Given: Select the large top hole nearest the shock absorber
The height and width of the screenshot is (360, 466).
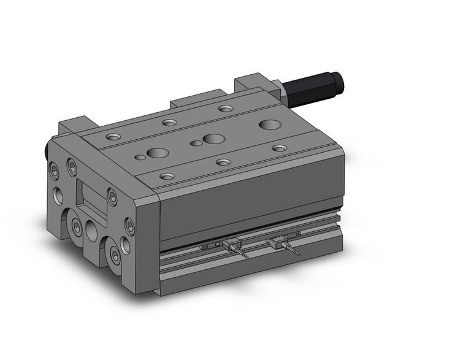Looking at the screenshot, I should pyautogui.click(x=266, y=124).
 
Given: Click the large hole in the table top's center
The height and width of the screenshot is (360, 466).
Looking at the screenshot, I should pyautogui.click(x=213, y=139).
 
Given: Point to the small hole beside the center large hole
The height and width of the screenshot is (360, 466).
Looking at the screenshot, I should pyautogui.click(x=196, y=144).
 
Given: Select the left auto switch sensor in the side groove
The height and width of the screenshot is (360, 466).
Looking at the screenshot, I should pyautogui.click(x=231, y=245).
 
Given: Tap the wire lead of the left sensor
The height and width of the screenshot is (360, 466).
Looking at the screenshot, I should pyautogui.click(x=244, y=253).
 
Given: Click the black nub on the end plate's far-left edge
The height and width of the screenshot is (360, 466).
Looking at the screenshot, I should pyautogui.click(x=46, y=149).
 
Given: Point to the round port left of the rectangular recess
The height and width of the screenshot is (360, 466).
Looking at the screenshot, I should pyautogui.click(x=56, y=196).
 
